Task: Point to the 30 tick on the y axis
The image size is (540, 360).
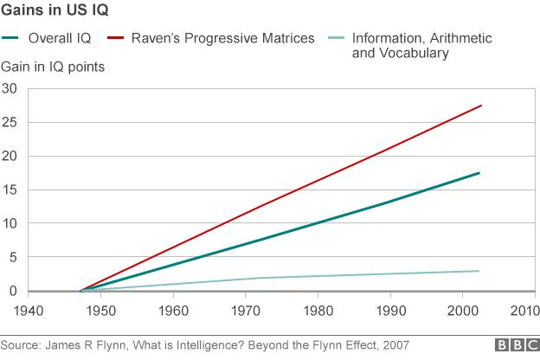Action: tap(10, 88)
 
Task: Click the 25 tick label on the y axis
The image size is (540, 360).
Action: tap(10, 122)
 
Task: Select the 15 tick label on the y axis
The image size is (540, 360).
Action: tap(10, 190)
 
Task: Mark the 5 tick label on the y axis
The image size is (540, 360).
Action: tap(13, 257)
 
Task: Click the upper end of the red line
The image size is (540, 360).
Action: tap(480, 106)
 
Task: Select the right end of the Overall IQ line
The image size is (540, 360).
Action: tap(479, 173)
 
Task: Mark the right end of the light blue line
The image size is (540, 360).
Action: tap(479, 271)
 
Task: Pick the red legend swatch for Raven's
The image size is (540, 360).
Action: tap(117, 39)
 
